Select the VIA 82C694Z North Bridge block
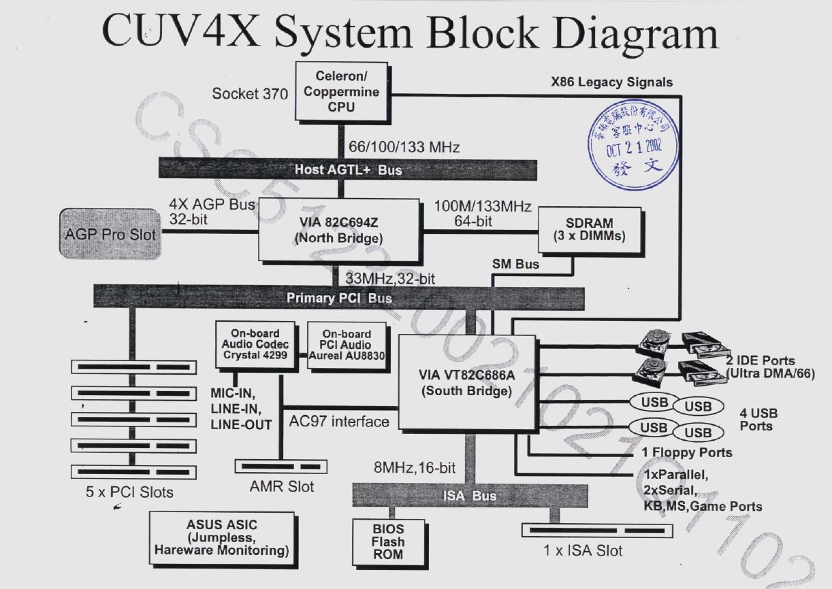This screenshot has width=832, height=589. click(338, 231)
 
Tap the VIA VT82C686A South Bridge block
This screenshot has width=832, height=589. click(465, 382)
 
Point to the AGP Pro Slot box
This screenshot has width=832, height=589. click(110, 234)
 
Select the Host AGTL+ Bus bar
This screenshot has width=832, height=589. click(348, 169)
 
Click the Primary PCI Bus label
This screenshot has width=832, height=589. click(339, 297)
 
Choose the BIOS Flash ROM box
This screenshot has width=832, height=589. click(387, 541)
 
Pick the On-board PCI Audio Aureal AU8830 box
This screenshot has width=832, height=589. click(347, 345)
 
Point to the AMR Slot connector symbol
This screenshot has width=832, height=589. click(281, 467)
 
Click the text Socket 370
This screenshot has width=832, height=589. click(250, 94)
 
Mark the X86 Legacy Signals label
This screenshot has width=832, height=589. click(611, 82)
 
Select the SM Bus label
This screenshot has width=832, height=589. click(516, 264)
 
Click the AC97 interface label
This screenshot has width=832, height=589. click(339, 422)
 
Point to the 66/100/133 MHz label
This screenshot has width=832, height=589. click(404, 146)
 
